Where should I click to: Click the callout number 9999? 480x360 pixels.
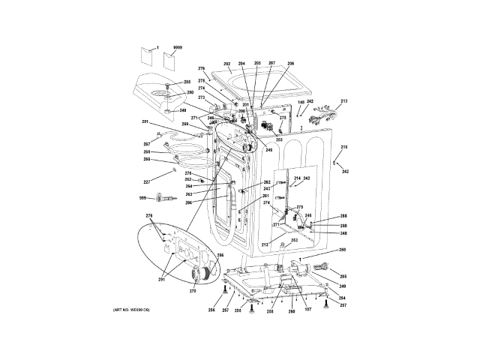[x=178, y=46]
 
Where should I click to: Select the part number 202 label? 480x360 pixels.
[x=227, y=64]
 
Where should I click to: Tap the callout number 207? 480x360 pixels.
[x=271, y=64]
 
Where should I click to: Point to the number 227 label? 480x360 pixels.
[x=148, y=181]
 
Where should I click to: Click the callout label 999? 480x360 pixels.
[x=142, y=198]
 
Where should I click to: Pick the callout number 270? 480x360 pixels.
[x=193, y=290]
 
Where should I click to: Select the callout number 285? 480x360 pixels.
[x=343, y=276]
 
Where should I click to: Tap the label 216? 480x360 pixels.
[x=345, y=147]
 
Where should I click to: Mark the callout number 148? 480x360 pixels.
[x=301, y=102]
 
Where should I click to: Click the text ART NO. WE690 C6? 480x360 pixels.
[x=132, y=310]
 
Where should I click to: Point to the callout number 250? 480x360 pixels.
[x=342, y=250]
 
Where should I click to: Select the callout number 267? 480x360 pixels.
[x=147, y=145]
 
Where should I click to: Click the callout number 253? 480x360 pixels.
[x=295, y=240]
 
